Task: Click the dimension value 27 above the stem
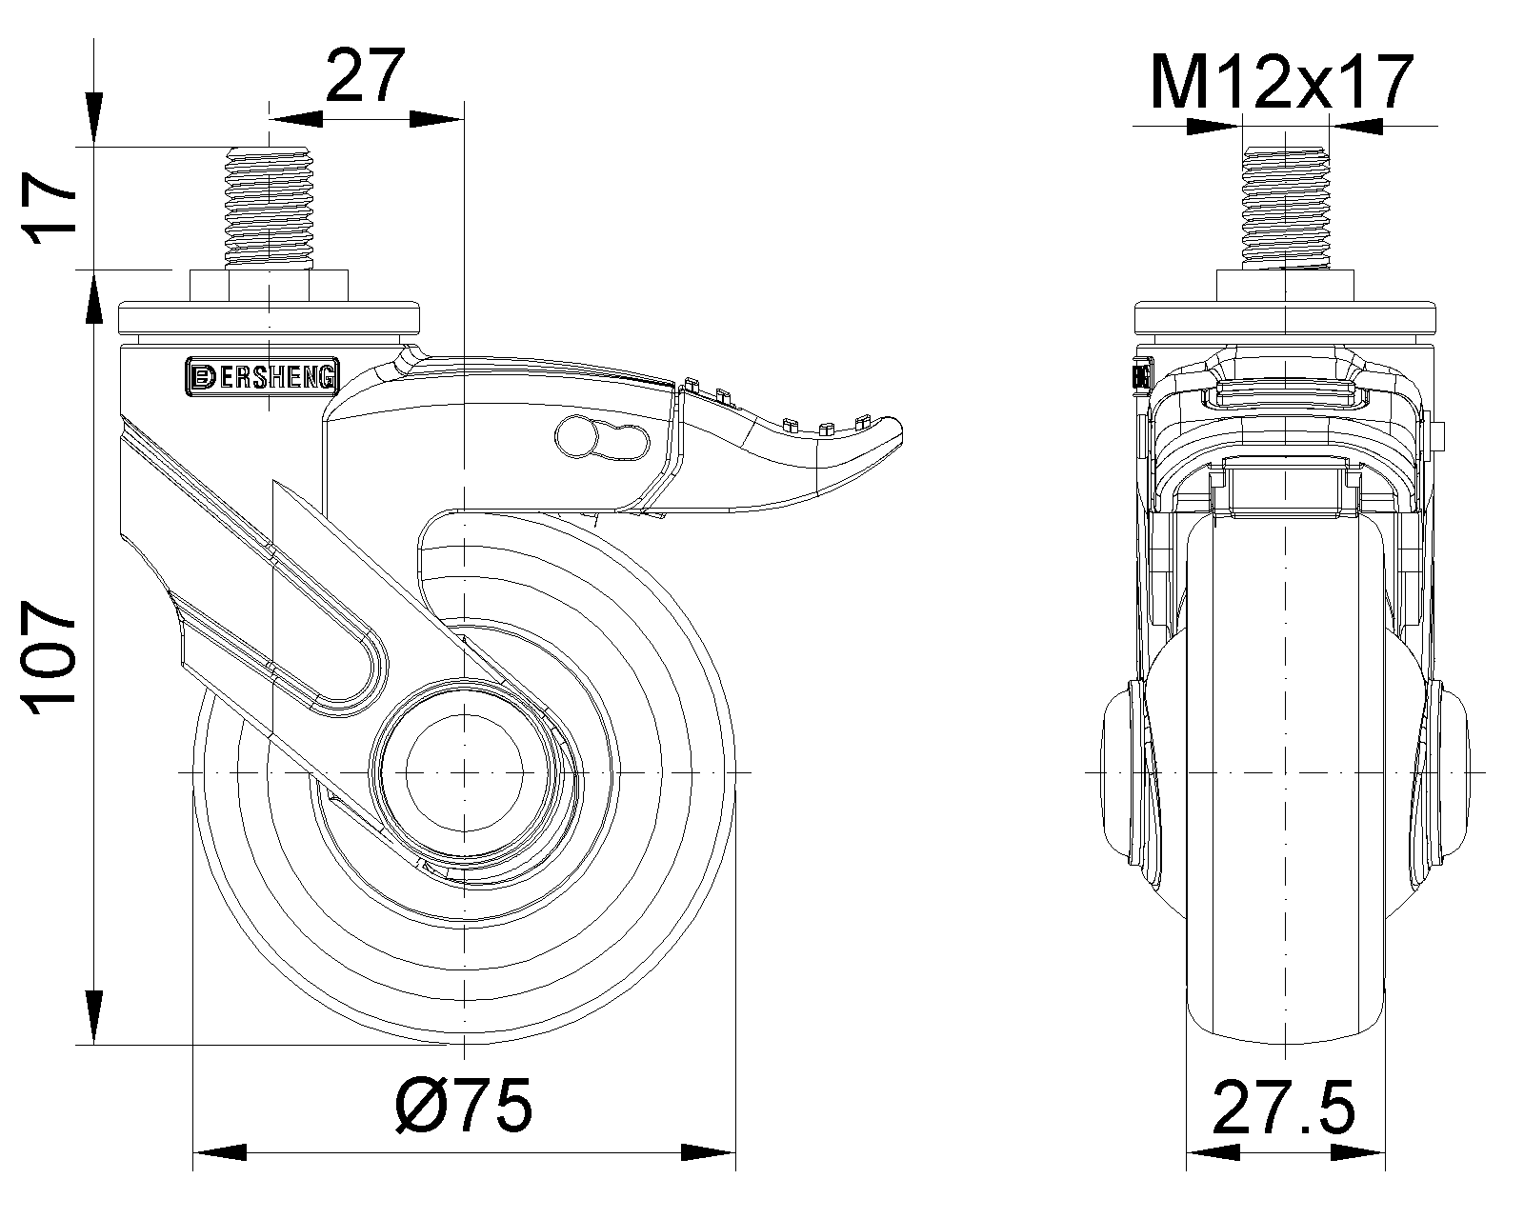(x=366, y=76)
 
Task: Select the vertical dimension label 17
(x=49, y=209)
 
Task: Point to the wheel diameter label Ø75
(x=463, y=1105)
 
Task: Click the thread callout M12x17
(x=1282, y=82)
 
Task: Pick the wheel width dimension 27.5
(x=1283, y=1107)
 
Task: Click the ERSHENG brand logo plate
(x=263, y=376)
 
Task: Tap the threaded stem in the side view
(x=270, y=209)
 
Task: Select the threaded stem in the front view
(x=1285, y=209)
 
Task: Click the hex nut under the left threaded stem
(x=270, y=286)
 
